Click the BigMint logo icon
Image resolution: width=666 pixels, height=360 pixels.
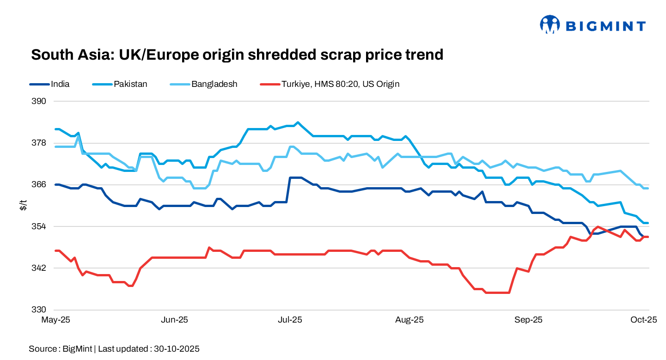click(x=550, y=25)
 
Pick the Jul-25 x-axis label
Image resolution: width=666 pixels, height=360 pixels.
click(x=290, y=320)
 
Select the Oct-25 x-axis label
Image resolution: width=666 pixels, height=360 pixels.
click(x=645, y=320)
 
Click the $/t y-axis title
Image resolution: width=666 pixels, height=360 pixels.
click(x=23, y=206)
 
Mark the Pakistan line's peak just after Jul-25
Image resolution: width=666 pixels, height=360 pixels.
click(x=298, y=122)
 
